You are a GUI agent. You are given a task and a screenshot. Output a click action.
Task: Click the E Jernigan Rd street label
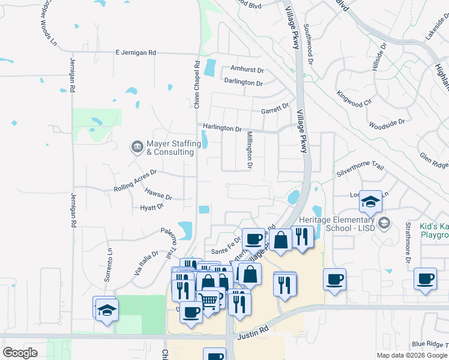pyautogui.click(x=136, y=53)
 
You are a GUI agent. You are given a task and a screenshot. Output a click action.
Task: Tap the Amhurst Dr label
pyautogui.click(x=243, y=70)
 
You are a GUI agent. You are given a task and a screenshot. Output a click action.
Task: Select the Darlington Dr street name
pyautogui.click(x=243, y=81)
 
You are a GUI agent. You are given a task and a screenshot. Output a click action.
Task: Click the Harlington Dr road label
pyautogui.click(x=222, y=128)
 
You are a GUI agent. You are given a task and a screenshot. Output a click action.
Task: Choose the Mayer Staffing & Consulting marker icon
pyautogui.click(x=137, y=146)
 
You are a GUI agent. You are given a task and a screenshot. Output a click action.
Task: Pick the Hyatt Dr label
pyautogui.click(x=152, y=207)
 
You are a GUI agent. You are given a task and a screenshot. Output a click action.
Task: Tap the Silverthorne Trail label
pyautogui.click(x=360, y=169)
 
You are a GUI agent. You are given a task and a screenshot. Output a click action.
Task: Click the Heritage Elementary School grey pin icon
pyautogui.click(x=384, y=223)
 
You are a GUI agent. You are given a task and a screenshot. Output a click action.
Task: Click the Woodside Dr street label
pyautogui.click(x=387, y=122)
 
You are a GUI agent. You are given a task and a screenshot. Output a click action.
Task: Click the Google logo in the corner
pyautogui.click(x=20, y=353)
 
